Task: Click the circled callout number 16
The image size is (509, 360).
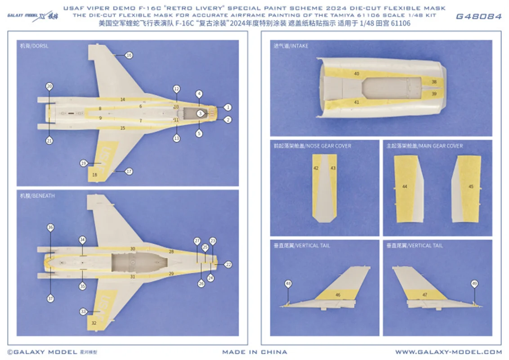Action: click(129, 55)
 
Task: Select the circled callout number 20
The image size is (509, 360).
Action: click(49, 86)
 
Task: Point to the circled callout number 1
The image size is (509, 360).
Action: click(228, 107)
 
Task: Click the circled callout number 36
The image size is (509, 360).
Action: click(50, 228)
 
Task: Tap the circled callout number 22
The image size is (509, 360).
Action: click(228, 265)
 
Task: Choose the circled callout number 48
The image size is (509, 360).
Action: click(288, 283)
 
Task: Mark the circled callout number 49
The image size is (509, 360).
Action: click(474, 283)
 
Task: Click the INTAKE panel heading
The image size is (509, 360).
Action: click(290, 46)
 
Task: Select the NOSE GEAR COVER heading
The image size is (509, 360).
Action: click(312, 146)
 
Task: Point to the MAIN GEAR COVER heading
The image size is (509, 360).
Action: click(424, 146)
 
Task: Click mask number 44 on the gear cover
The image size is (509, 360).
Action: click(404, 186)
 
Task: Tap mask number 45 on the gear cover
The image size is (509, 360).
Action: click(471, 186)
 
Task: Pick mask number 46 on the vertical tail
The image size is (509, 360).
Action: click(338, 295)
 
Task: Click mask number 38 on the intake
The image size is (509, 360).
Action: click(433, 82)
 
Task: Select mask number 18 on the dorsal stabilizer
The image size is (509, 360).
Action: click(94, 175)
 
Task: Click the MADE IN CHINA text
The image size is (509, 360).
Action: click(254, 352)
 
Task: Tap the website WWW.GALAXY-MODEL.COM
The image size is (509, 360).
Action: click(448, 352)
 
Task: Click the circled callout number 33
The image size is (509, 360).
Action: click(83, 311)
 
